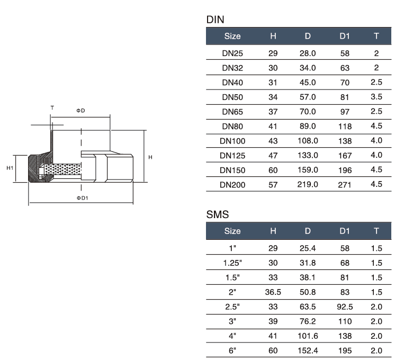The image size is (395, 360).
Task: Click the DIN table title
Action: coord(216,20)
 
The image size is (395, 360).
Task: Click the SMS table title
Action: coord(217,214)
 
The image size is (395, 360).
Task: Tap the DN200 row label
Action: coord(232,185)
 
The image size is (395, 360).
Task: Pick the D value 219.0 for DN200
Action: coord(308,185)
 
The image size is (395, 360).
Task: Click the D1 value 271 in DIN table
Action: coord(345,185)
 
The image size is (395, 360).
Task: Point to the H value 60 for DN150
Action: coord(273,170)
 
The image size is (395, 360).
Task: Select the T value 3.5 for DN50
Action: coord(376,97)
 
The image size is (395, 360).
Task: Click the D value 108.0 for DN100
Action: coord(308,141)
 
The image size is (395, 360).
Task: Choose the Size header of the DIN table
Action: coord(232,36)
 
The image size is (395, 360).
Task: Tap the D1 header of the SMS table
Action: coord(345,231)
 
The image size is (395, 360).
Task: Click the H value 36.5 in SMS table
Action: coord(273,292)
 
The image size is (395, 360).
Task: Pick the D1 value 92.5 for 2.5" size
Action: coord(345,307)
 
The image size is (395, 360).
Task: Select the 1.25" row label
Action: coord(232,263)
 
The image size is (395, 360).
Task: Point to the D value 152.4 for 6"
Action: coord(308,350)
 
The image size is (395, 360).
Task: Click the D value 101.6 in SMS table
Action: coord(308,336)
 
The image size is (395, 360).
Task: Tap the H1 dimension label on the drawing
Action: coord(10,168)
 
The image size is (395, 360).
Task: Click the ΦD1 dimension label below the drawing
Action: coord(82,197)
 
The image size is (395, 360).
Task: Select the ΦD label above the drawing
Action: coord(80,110)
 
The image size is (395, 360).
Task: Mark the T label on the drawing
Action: coord(52,107)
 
